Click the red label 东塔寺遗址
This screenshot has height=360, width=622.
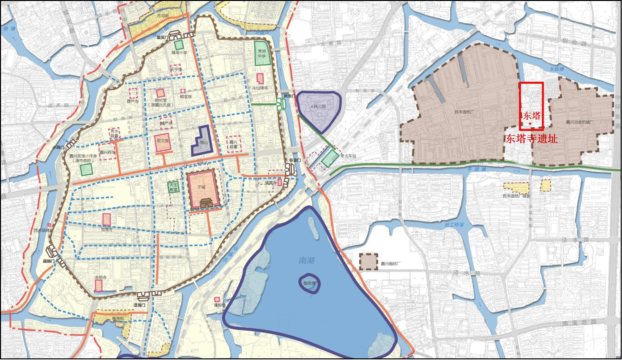click(x=531, y=139)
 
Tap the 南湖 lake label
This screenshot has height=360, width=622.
click(x=306, y=260)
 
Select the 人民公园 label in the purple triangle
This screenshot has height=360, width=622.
click(x=317, y=106)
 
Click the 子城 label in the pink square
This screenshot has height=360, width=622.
click(x=201, y=187)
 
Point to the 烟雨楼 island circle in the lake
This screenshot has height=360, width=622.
click(x=309, y=283)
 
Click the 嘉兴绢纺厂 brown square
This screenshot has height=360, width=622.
click(x=368, y=262)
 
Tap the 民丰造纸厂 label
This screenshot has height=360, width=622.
click(x=464, y=112)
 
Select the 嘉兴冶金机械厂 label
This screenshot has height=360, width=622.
click(x=580, y=122)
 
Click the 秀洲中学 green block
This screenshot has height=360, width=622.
click(x=262, y=53)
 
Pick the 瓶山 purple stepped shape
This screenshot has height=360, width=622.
click(x=203, y=142)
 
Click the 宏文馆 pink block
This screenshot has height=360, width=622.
click(x=163, y=142)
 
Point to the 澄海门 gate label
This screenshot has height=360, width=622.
click(x=139, y=305)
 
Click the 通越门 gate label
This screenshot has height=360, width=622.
click(x=49, y=261)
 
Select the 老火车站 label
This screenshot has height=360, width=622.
click(x=348, y=156)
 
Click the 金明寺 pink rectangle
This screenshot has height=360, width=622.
click(x=98, y=285)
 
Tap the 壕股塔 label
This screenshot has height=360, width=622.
click(x=219, y=305)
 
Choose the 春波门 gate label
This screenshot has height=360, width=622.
click(x=295, y=160)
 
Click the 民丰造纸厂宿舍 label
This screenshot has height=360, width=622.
click(x=516, y=196)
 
